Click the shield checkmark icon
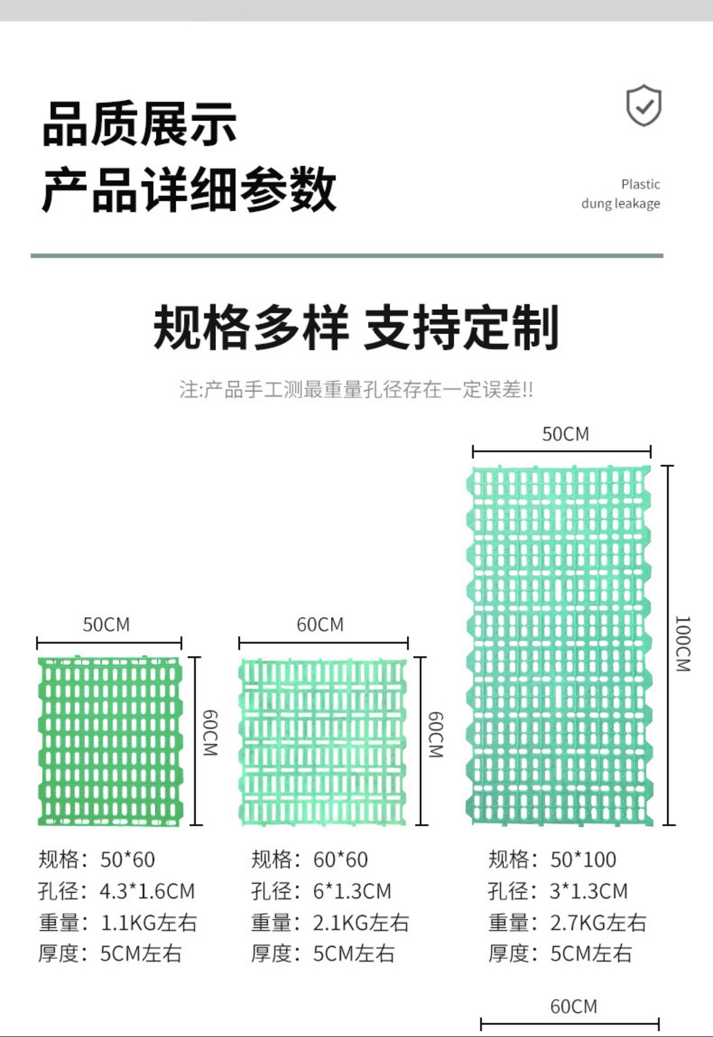(643, 105)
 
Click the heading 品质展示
(139, 124)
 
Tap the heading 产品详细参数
(189, 189)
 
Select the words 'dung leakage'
(620, 204)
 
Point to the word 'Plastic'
(640, 184)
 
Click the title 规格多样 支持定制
(356, 327)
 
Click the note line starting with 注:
(356, 390)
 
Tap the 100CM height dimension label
(683, 644)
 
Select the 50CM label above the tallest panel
(565, 434)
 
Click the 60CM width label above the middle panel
(320, 625)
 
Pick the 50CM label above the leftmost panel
(106, 625)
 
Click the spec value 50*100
(583, 860)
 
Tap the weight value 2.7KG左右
(598, 923)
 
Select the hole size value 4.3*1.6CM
(147, 892)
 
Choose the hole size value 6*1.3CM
(352, 892)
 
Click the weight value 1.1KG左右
(148, 923)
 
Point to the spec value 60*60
(340, 860)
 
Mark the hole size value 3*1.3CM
(589, 892)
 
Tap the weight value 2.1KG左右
(361, 923)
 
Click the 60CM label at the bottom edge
(574, 1007)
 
